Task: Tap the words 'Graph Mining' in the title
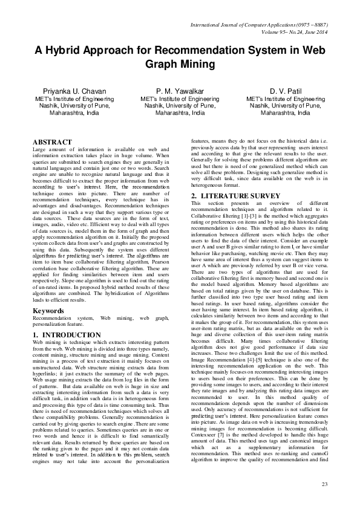click(180, 64)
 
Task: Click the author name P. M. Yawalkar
click(180, 91)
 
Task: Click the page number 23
click(324, 484)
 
